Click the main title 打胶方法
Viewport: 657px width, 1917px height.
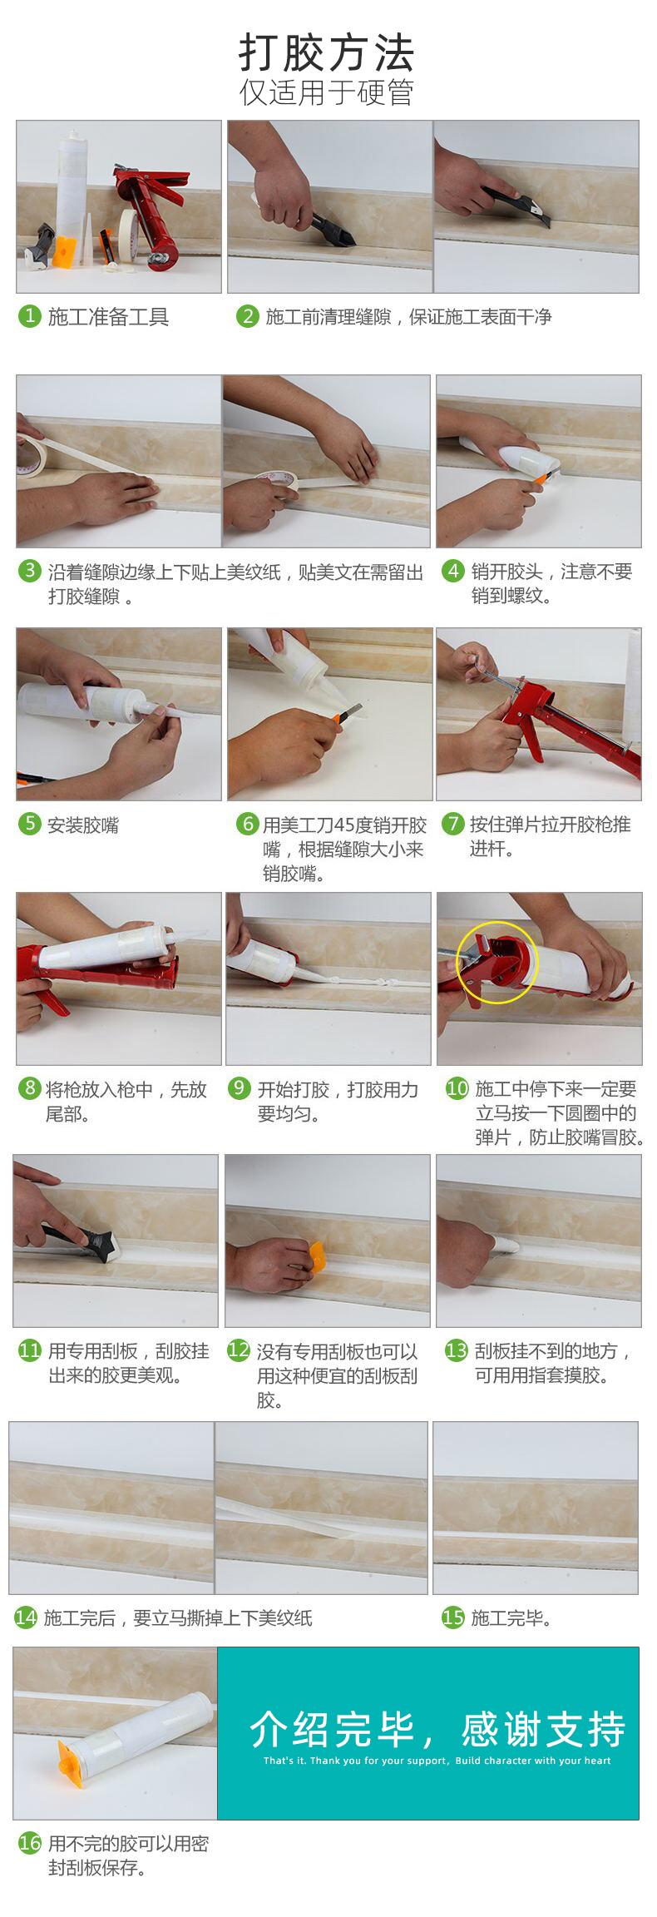[326, 53]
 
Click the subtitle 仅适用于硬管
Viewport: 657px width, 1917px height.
[326, 92]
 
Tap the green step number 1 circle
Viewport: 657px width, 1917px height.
[29, 316]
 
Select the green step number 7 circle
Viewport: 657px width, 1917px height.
[452, 824]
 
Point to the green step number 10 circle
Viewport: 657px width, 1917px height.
[457, 1087]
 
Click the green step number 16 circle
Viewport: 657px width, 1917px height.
[30, 1843]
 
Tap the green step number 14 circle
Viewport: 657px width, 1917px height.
[26, 1617]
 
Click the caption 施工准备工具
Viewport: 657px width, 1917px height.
[108, 317]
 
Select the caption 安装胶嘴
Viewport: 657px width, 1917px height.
[83, 825]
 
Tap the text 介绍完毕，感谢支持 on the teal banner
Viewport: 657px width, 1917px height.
[437, 1729]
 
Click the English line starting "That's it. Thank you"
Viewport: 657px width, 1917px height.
[437, 1761]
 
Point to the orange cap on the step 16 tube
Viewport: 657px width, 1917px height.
[70, 1761]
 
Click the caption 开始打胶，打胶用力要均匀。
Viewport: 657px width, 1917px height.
[338, 1101]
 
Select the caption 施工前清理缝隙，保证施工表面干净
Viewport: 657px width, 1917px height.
[408, 317]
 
